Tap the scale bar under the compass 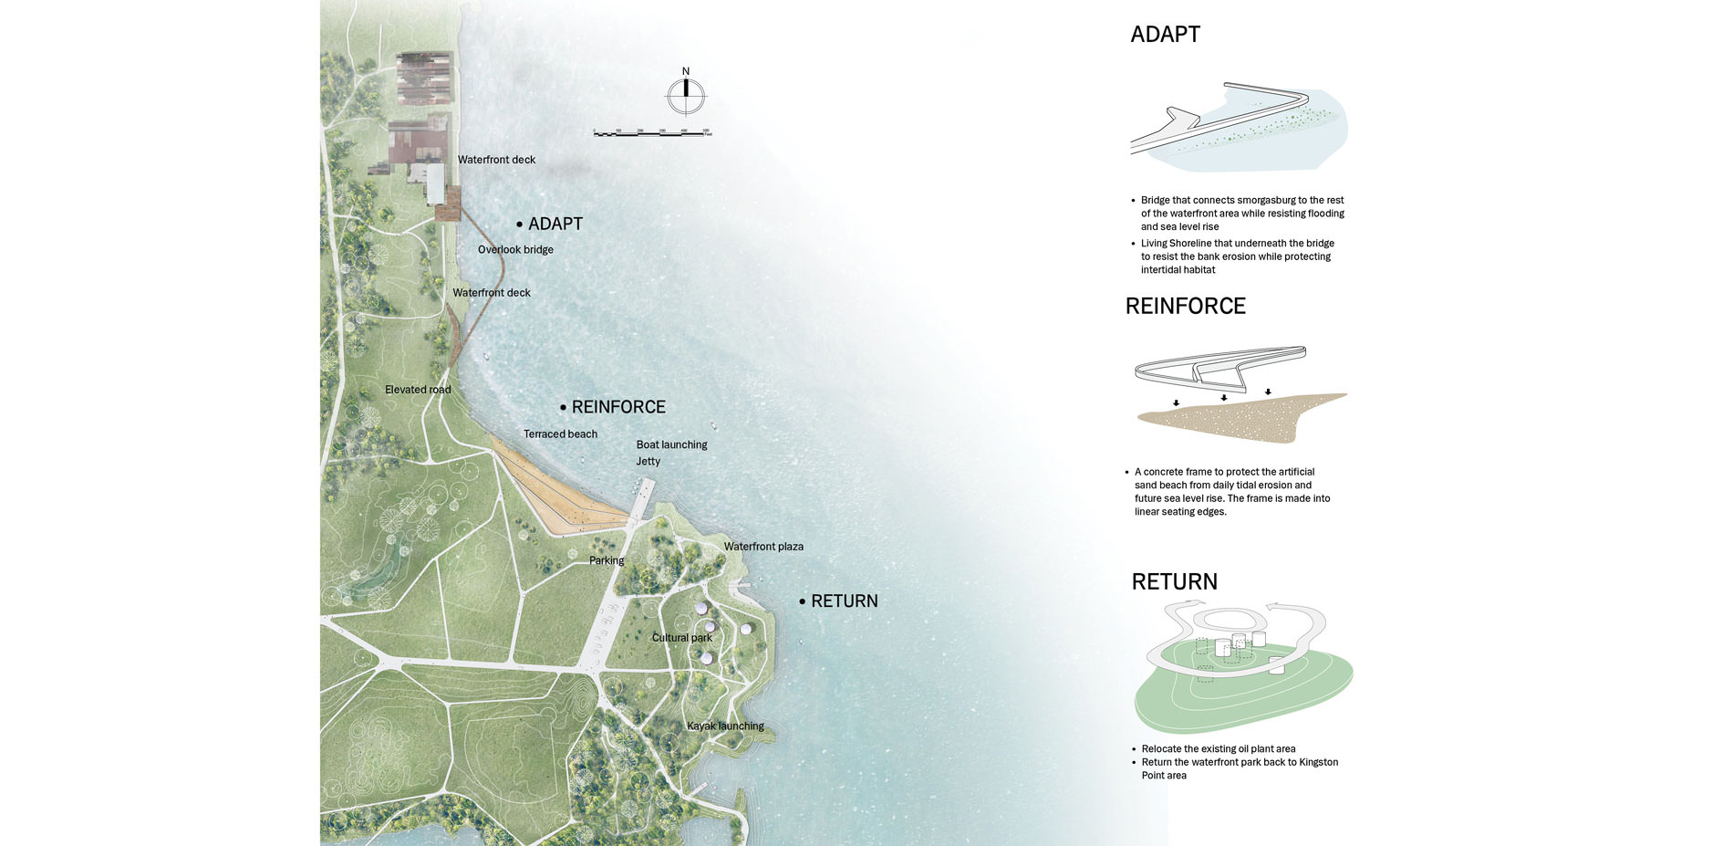[x=652, y=132]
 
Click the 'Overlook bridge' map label [x=515, y=249]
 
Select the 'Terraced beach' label [x=560, y=433]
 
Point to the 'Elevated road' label [x=418, y=390]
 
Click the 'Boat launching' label [x=671, y=444]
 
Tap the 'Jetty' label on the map [x=649, y=462]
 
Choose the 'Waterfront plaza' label [x=763, y=547]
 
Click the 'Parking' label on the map [x=607, y=560]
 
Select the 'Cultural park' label [x=682, y=638]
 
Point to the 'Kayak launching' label [x=725, y=726]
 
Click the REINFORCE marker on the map [x=613, y=407]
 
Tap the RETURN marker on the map [x=838, y=601]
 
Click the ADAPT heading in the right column [x=1165, y=35]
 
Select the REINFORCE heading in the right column [x=1185, y=306]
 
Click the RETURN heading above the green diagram [x=1174, y=581]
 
